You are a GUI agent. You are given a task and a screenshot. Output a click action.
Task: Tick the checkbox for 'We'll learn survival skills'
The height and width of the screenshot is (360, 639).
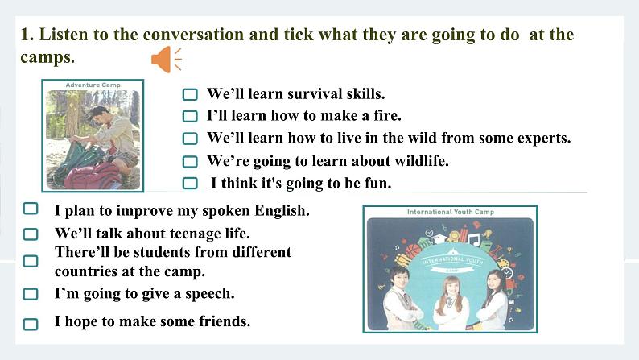(190, 94)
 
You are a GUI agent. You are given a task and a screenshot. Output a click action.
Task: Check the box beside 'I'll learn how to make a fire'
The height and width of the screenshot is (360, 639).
(190, 116)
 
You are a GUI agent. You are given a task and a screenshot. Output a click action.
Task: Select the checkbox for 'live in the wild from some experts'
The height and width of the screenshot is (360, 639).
(190, 139)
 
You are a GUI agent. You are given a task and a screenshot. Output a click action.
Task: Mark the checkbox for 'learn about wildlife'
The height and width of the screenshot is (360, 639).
(190, 161)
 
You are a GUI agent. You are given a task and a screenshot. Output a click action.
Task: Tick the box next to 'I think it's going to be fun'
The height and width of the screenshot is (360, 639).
(190, 184)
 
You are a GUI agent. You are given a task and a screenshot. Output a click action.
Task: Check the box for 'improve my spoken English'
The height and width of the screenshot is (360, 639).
(31, 209)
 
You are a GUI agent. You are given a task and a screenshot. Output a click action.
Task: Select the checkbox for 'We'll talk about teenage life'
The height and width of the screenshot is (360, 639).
(31, 234)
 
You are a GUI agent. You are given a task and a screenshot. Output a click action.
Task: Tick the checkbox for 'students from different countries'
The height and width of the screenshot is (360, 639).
(31, 261)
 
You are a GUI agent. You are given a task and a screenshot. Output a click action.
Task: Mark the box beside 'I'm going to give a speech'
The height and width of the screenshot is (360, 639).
(31, 294)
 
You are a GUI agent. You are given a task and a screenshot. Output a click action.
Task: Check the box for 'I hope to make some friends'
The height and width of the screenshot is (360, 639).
(31, 324)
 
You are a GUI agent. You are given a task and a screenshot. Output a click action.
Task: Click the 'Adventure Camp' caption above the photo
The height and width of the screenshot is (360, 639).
(92, 85)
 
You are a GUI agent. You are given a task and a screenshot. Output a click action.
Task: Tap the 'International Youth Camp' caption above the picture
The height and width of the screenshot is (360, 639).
(450, 213)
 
